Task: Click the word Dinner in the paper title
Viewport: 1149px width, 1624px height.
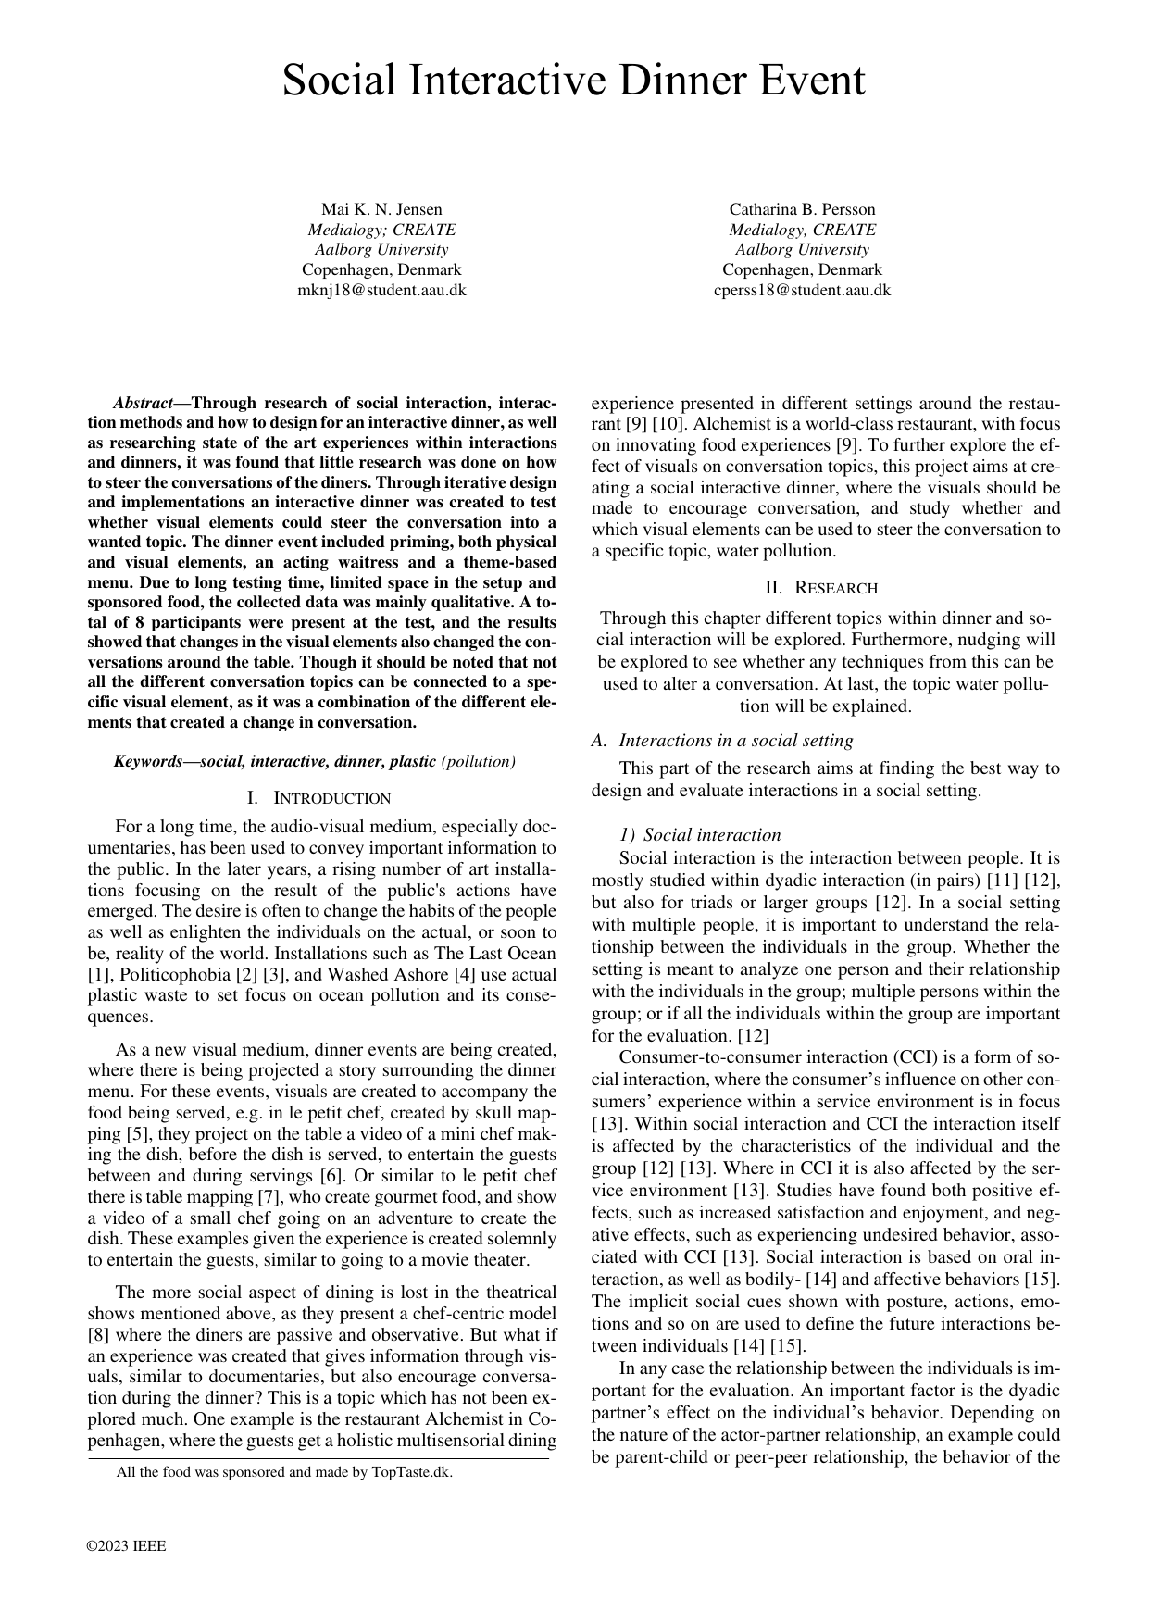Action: pyautogui.click(x=668, y=81)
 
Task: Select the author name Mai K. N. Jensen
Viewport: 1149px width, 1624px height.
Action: pyautogui.click(x=381, y=209)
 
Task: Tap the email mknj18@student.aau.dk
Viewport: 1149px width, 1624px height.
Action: pyautogui.click(x=381, y=290)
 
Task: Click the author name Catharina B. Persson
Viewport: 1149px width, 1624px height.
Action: pyautogui.click(x=802, y=209)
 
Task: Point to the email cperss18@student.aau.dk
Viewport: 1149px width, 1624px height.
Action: pyautogui.click(x=802, y=290)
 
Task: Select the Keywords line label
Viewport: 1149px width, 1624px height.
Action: pyautogui.click(x=154, y=761)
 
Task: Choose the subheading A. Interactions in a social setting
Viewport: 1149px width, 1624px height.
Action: pyautogui.click(x=722, y=740)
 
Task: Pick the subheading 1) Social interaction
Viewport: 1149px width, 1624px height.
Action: pyautogui.click(x=700, y=834)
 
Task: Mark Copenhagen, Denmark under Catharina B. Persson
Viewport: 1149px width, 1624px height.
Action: pyautogui.click(x=802, y=269)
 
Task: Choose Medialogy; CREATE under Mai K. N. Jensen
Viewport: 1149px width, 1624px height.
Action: pyautogui.click(x=381, y=230)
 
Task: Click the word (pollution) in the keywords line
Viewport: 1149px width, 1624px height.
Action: pyautogui.click(x=479, y=761)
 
